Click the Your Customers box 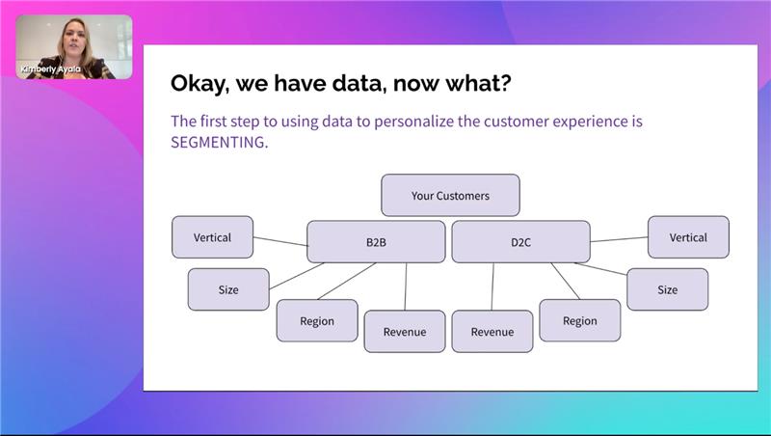pos(450,195)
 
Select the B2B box pos(376,242)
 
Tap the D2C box pos(520,242)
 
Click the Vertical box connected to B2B pos(212,237)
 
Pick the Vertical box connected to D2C pos(688,237)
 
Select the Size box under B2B pos(228,289)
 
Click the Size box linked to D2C pos(667,289)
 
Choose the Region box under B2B pos(317,321)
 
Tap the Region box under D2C pos(579,320)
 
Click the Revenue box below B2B pos(405,332)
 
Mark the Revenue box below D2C pos(492,332)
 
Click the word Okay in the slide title pos(200,84)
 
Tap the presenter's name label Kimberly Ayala pos(49,69)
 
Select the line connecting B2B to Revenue pos(406,286)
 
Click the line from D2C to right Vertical pos(619,239)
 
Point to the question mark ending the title pos(503,84)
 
